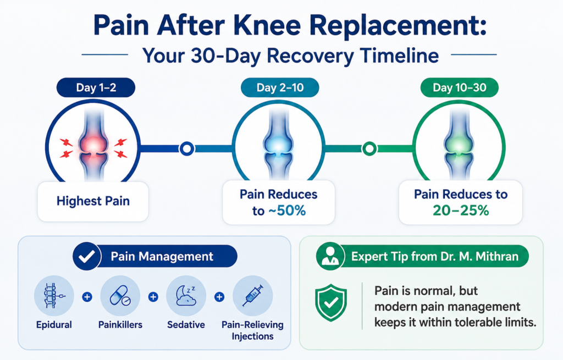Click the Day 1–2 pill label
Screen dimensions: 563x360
(96, 87)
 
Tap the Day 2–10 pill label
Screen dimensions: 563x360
(280, 87)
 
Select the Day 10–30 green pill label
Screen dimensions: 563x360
(460, 87)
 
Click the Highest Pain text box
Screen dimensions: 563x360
(93, 201)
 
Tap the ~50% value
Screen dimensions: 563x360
(286, 211)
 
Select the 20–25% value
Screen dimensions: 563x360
(461, 211)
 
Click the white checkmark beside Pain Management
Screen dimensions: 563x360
(86, 256)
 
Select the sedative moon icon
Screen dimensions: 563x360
(186, 296)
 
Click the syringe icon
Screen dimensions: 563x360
(253, 296)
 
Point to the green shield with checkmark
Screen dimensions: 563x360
(330, 303)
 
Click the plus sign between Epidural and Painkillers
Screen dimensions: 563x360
(87, 297)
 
